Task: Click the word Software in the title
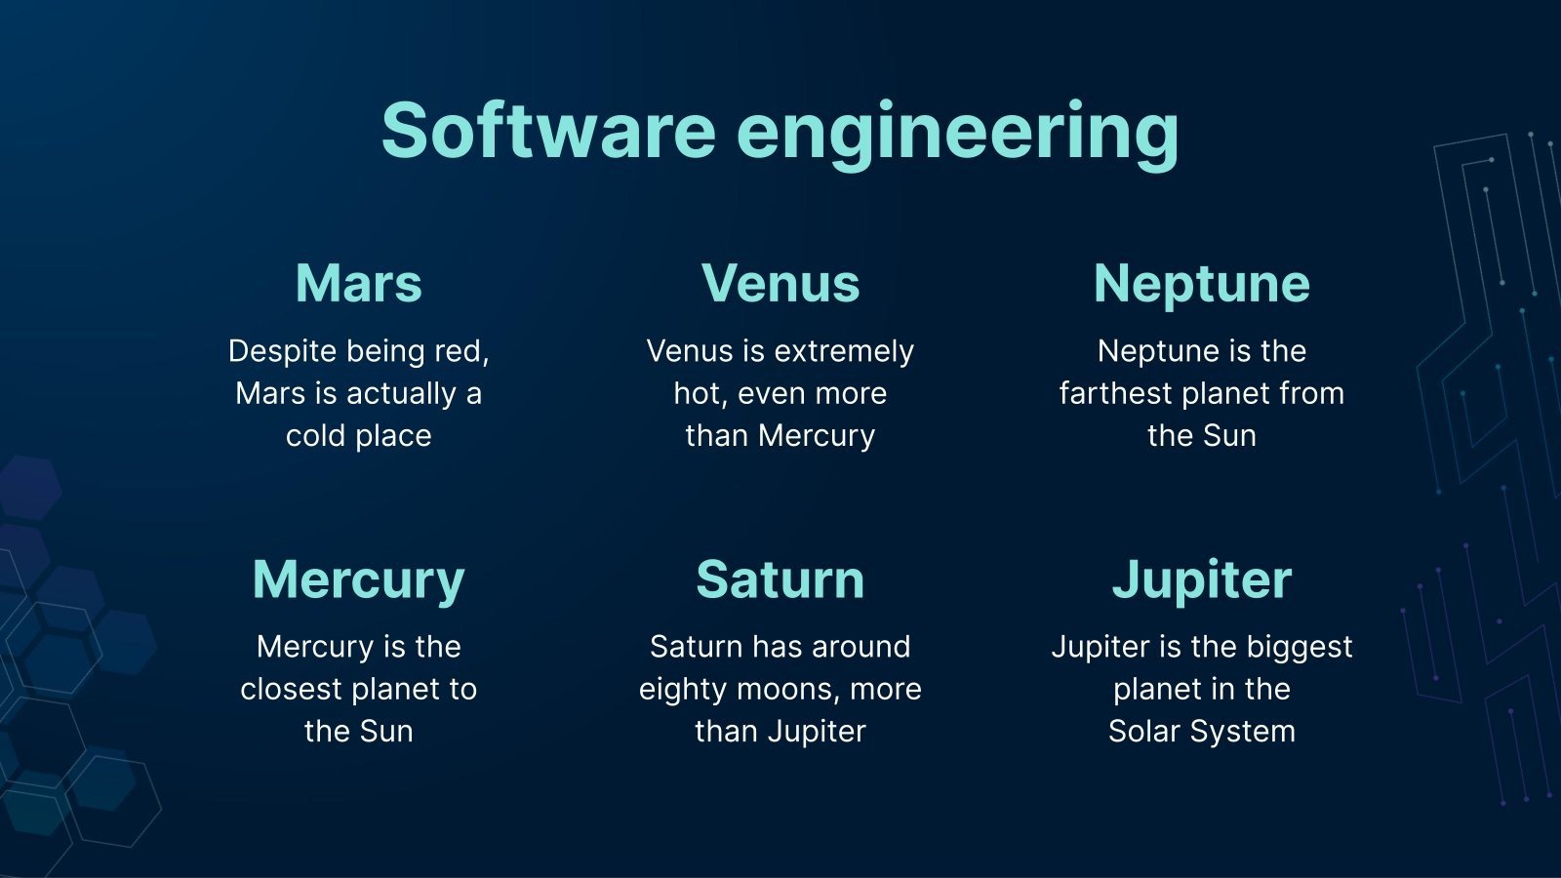549,131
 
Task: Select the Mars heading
359,283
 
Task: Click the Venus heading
780,283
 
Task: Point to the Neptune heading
1201,284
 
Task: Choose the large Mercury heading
358,580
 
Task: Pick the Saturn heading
780,579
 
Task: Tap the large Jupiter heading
1201,580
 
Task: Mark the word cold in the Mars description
316,436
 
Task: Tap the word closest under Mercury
292,689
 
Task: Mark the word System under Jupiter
1243,733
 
